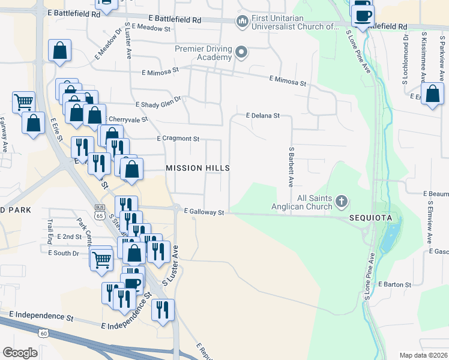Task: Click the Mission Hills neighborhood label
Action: coord(197,168)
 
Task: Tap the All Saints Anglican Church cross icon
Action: coord(342,200)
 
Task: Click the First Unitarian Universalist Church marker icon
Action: coord(243,23)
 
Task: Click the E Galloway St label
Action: coord(204,212)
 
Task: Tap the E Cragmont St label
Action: coord(178,139)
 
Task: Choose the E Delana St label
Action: coord(263,115)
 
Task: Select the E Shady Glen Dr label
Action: coord(158,103)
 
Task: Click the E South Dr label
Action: coord(64,253)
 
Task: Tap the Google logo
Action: coord(20,353)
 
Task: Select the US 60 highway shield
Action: coord(43,334)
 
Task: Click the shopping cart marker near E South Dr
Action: coord(101,259)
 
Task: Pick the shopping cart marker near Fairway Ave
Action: coord(23,101)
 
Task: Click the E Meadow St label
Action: coord(151,28)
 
